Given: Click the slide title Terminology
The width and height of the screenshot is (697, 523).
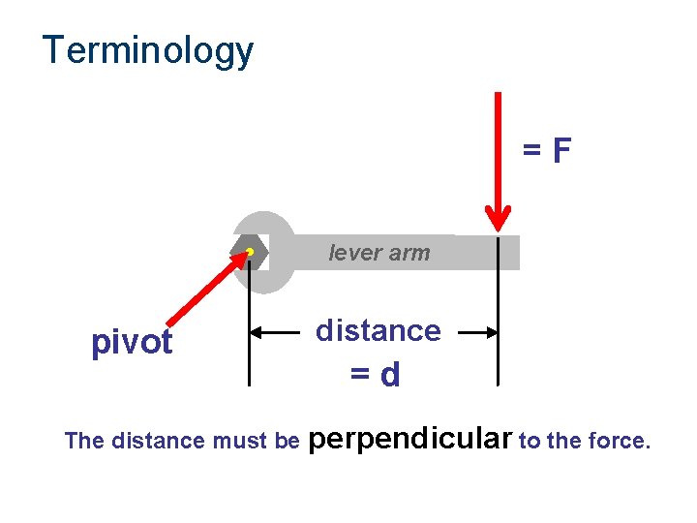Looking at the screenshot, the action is (x=148, y=50).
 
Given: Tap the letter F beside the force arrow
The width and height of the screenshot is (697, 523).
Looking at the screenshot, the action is (x=561, y=151).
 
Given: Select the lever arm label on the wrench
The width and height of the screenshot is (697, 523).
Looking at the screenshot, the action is (x=379, y=253).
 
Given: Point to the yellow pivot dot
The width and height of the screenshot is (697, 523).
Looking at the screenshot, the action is (x=249, y=252).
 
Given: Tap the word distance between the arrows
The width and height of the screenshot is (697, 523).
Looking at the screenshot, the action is (x=379, y=331).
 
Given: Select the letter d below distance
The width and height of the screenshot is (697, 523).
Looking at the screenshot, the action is (x=391, y=376).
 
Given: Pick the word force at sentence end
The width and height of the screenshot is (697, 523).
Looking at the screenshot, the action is (x=622, y=442).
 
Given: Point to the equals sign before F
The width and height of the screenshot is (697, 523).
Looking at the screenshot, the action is (x=532, y=152).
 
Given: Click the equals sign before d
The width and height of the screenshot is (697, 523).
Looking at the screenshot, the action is (x=361, y=376).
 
